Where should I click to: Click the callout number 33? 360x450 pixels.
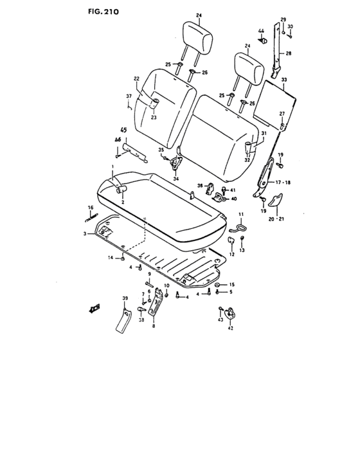point(284,79)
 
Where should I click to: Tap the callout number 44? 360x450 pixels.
point(262,32)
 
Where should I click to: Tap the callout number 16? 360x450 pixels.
point(91,207)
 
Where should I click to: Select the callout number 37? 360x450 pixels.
point(128,96)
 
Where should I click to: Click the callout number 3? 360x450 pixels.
point(84,234)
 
